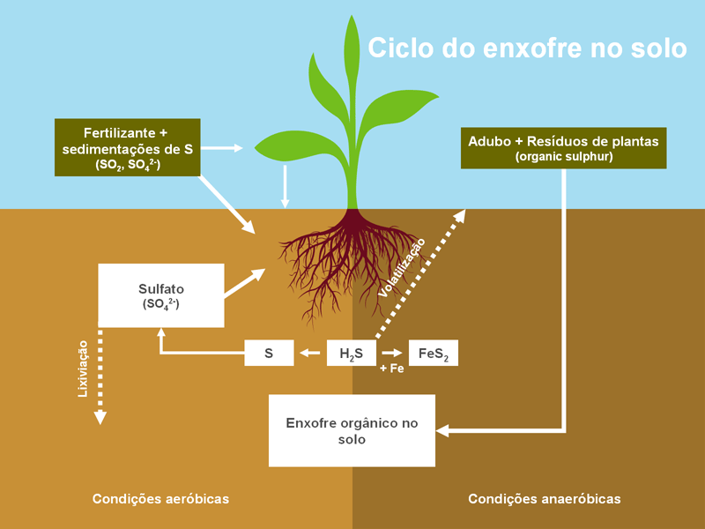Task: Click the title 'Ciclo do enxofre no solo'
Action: pyautogui.click(x=526, y=48)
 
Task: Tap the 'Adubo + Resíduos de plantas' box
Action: pyautogui.click(x=563, y=147)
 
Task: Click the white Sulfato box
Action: pyautogui.click(x=160, y=294)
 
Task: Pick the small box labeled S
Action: pyautogui.click(x=268, y=354)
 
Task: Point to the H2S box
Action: pyautogui.click(x=352, y=354)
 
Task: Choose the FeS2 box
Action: pyautogui.click(x=433, y=354)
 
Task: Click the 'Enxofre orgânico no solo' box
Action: pyautogui.click(x=351, y=430)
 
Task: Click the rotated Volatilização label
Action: pyautogui.click(x=402, y=267)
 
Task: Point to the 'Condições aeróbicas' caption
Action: pyautogui.click(x=160, y=499)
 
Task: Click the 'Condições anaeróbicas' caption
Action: pyautogui.click(x=544, y=499)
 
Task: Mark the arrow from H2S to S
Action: pyautogui.click(x=309, y=354)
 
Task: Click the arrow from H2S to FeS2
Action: pyautogui.click(x=392, y=354)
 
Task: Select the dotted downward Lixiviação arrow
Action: pyautogui.click(x=100, y=377)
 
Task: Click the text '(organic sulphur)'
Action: pyautogui.click(x=563, y=157)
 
